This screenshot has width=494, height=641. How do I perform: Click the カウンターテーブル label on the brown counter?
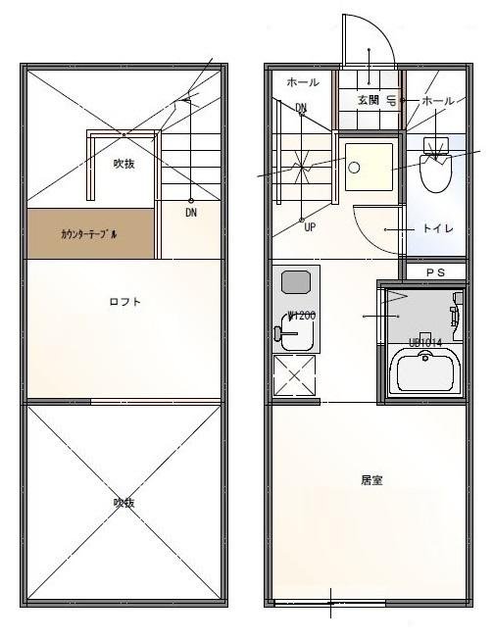[x=88, y=235]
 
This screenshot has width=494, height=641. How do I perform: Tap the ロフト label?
[x=124, y=302]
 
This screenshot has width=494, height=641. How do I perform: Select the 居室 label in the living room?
[x=370, y=481]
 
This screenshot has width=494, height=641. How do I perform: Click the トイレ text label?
[x=437, y=228]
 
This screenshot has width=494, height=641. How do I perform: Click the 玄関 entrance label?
[x=368, y=100]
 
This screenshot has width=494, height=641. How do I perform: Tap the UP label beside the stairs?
[x=310, y=226]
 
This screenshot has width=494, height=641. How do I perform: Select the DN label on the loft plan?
[x=190, y=212]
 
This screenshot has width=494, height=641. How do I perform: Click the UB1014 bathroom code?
[x=425, y=342]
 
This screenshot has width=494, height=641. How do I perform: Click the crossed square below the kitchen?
[x=293, y=376]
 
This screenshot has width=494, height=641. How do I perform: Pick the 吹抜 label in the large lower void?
[x=123, y=503]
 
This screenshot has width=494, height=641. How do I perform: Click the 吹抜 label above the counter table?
[x=123, y=164]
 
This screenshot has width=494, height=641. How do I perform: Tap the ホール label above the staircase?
[x=302, y=84]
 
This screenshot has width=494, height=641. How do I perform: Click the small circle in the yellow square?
[x=354, y=167]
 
